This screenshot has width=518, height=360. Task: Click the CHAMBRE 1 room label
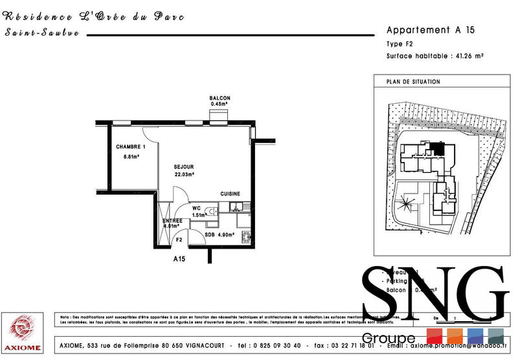click(127, 146)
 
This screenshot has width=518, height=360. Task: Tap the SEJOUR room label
click(184, 167)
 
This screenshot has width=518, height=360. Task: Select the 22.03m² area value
click(185, 174)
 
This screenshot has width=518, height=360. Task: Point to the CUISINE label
click(231, 194)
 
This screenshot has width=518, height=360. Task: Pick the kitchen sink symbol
click(236, 207)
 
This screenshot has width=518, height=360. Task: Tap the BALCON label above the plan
click(220, 98)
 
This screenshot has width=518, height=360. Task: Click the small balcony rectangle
click(218, 116)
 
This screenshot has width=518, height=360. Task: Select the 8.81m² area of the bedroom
click(132, 157)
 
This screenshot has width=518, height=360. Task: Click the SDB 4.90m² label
click(219, 234)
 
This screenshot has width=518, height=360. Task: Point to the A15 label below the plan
click(179, 259)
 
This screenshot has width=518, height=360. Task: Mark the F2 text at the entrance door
click(179, 240)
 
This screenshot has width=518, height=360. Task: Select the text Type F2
click(400, 44)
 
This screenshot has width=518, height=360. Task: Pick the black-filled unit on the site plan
click(439, 149)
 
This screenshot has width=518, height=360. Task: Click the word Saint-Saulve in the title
click(41, 33)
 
